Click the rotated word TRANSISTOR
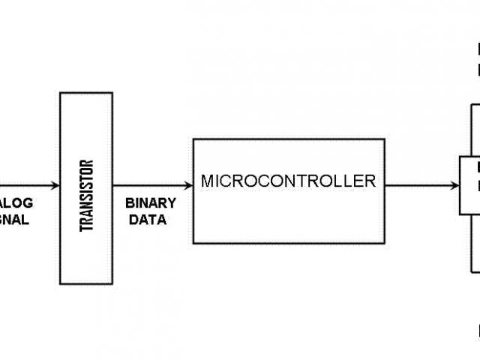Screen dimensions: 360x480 (x=86, y=195)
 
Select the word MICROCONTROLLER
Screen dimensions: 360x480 (x=288, y=181)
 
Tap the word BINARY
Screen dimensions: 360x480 (x=151, y=203)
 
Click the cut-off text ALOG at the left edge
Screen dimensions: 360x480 (x=16, y=203)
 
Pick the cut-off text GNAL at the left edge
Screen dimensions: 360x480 (x=14, y=220)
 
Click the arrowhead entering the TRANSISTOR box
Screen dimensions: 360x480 (x=55, y=185)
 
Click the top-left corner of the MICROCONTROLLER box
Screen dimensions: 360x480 (x=193, y=139)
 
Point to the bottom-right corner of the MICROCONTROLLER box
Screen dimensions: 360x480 (x=385, y=243)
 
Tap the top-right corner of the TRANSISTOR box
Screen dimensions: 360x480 (x=112, y=93)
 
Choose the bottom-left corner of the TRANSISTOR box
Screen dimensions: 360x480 (x=61, y=283)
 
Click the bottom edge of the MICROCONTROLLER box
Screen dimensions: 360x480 (x=289, y=243)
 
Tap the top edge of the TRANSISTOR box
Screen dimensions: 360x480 (x=86, y=93)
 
